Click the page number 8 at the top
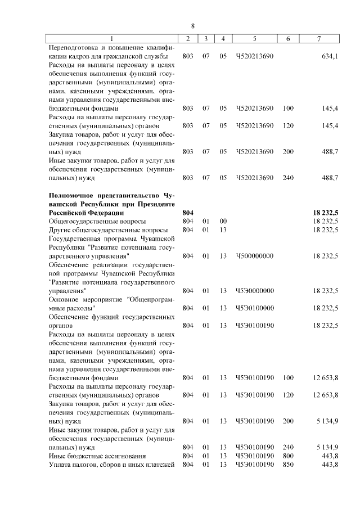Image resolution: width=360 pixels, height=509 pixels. coord(192,26)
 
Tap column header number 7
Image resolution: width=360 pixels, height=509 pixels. coord(319,38)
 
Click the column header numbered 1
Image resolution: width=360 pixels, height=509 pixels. coord(111,38)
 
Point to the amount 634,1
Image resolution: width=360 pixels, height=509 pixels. coord(329,56)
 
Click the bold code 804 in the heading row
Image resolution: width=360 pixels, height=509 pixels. coord(188,213)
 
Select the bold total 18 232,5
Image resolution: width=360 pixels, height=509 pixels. coord(325,213)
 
